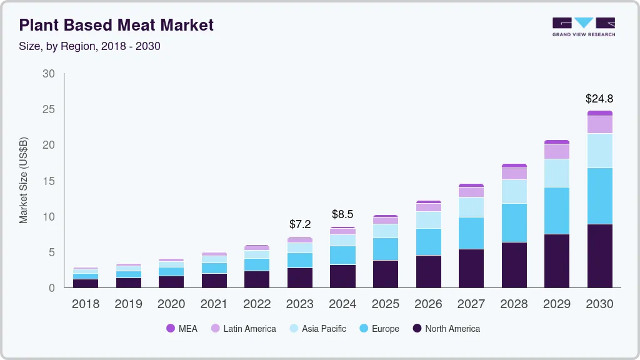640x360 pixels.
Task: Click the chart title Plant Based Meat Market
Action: click(116, 25)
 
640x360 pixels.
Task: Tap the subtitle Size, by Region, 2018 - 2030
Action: click(89, 46)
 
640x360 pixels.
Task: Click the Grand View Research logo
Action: click(583, 26)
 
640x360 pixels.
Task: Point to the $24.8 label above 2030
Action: click(599, 99)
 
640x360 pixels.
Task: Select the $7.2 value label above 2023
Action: click(300, 224)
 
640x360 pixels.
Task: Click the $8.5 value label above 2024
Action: click(342, 214)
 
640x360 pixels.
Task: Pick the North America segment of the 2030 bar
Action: click(599, 256)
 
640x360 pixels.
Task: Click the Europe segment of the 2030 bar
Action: click(599, 196)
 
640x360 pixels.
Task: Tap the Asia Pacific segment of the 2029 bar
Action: click(557, 173)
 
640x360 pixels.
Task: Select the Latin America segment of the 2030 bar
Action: click(599, 124)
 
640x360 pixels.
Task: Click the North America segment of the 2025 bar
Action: click(386, 274)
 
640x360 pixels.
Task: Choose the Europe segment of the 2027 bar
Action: click(471, 233)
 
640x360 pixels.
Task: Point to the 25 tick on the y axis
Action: click(49, 109)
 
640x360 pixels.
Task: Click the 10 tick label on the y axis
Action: click(49, 217)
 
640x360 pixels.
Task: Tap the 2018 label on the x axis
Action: click(86, 304)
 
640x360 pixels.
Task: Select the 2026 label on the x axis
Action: click(428, 304)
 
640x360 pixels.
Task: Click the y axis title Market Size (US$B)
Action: click(24, 181)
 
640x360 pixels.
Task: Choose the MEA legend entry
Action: click(182, 329)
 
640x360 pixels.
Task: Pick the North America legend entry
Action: click(446, 329)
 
